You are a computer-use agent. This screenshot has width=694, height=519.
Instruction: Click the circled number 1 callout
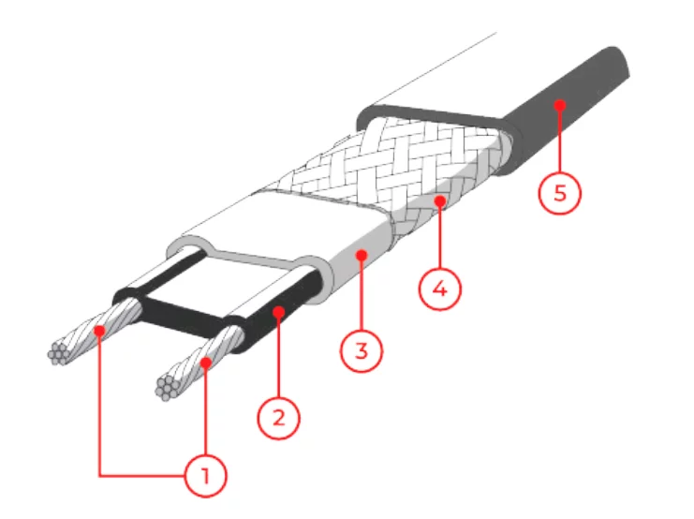click(x=205, y=476)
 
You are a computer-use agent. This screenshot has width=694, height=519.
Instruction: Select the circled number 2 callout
click(x=279, y=418)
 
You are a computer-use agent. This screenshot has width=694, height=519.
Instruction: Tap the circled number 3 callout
click(x=362, y=350)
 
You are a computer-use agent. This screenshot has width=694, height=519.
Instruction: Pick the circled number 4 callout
click(x=440, y=289)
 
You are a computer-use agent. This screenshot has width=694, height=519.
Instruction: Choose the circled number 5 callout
click(x=560, y=193)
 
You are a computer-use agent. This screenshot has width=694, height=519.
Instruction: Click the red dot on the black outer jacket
click(x=560, y=106)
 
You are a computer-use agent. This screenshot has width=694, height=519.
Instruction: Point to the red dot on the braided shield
click(x=440, y=201)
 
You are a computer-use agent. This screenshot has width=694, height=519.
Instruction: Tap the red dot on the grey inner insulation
click(x=362, y=256)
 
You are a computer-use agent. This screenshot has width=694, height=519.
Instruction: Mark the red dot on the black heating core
click(x=279, y=312)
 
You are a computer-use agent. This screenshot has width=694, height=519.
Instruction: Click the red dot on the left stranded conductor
click(x=100, y=331)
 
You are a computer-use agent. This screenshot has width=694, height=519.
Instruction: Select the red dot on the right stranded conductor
click(x=206, y=363)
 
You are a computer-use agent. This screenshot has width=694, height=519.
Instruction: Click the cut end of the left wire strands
click(x=58, y=353)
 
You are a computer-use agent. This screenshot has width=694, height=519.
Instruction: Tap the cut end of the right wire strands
click(x=167, y=389)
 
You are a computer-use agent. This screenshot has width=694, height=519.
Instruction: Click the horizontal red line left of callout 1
click(x=141, y=476)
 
